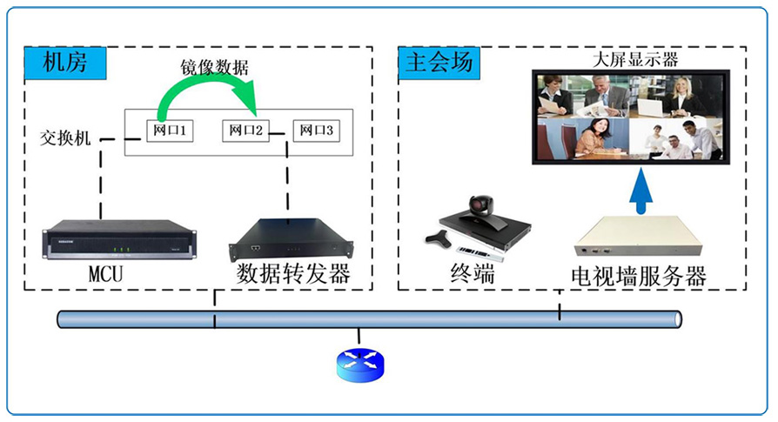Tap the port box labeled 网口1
pyautogui.click(x=171, y=131)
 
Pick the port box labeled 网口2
pyautogui.click(x=245, y=131)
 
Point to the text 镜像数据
pyautogui.click(x=215, y=67)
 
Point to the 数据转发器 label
pyautogui.click(x=292, y=276)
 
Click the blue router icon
pyautogui.click(x=359, y=364)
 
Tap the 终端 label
pyautogui.click(x=473, y=275)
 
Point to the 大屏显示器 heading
pyautogui.click(x=634, y=60)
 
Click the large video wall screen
pyautogui.click(x=628, y=117)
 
